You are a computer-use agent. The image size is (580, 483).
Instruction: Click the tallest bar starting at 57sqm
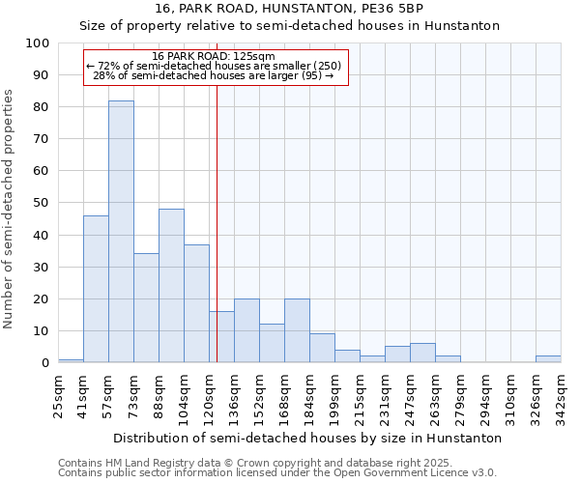point(121,232)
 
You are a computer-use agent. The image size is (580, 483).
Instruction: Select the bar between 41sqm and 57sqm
point(96,289)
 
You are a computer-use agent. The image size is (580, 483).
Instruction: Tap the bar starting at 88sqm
point(171,286)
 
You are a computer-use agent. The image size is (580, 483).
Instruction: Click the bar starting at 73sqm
point(146,308)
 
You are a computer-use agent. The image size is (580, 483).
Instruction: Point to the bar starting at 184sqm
point(322,348)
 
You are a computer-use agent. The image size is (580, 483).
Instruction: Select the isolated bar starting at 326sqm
point(548,359)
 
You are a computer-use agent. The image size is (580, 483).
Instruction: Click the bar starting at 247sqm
point(422,353)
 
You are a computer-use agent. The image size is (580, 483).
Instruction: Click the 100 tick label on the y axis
point(38,43)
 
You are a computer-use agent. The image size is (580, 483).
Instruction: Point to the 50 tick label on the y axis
point(41,203)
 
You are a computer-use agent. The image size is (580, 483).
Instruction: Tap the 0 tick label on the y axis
point(44,362)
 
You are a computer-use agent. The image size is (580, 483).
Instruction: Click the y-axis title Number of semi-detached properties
point(10,209)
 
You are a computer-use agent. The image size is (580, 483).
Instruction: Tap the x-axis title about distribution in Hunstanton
point(307,438)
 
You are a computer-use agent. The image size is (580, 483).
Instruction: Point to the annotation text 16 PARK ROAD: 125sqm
point(214,57)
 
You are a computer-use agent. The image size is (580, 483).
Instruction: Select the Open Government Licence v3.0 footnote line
point(277,473)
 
